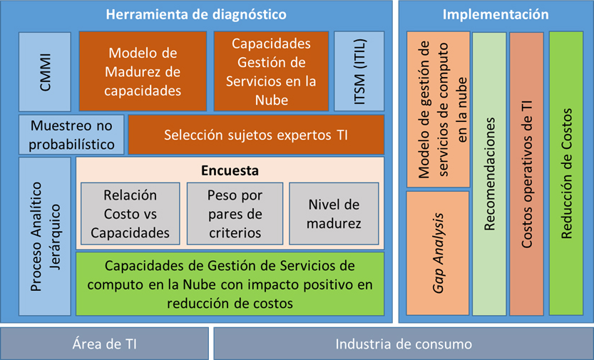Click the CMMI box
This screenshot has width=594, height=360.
click(x=46, y=71)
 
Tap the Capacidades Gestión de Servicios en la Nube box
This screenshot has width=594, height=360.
click(x=271, y=71)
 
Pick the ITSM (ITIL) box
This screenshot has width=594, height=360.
click(x=359, y=71)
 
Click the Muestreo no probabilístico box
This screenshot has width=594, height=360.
click(x=72, y=135)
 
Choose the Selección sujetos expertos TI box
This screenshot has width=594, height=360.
click(x=256, y=135)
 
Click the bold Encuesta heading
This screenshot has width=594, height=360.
click(x=230, y=171)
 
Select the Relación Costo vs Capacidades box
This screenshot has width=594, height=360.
click(x=130, y=213)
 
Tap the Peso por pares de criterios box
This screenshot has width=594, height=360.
click(x=235, y=213)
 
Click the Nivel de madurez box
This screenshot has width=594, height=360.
click(x=333, y=213)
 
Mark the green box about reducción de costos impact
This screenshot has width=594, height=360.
click(x=230, y=284)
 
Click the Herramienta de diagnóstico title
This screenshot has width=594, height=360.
click(x=196, y=14)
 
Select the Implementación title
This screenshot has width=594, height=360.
click(x=496, y=14)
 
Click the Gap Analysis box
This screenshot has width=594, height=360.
click(x=438, y=253)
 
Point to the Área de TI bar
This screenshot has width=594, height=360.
click(x=105, y=344)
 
